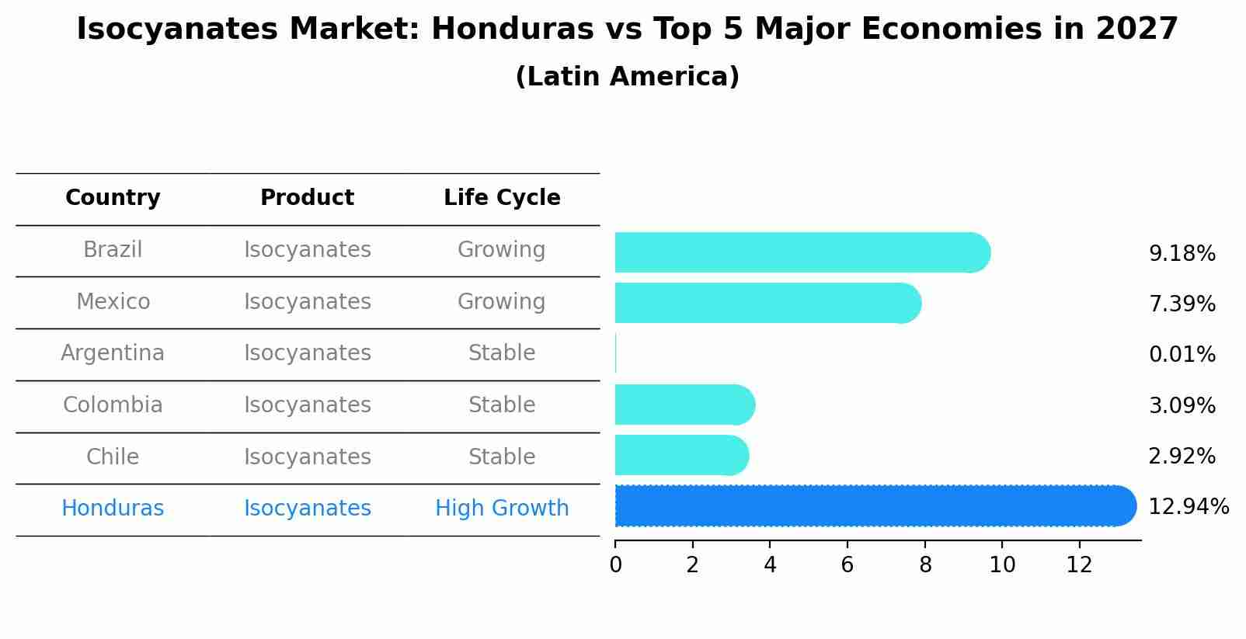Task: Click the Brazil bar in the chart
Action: pyautogui.click(x=800, y=252)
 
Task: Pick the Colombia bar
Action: pyautogui.click(x=684, y=405)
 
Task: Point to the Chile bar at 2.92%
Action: pyautogui.click(x=680, y=455)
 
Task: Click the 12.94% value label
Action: pyautogui.click(x=1188, y=507)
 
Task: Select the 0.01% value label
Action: pyautogui.click(x=1182, y=355)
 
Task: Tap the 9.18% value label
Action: pyautogui.click(x=1182, y=254)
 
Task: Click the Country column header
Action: pyautogui.click(x=113, y=198)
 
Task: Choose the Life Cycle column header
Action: pyautogui.click(x=502, y=198)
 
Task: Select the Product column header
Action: pyautogui.click(x=307, y=198)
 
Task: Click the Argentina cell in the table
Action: pyautogui.click(x=113, y=353)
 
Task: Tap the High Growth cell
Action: pyautogui.click(x=502, y=509)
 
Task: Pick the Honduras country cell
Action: pyautogui.click(x=113, y=509)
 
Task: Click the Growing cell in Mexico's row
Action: pyautogui.click(x=502, y=301)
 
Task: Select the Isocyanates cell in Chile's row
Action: pyautogui.click(x=307, y=457)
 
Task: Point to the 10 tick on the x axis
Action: pyautogui.click(x=1002, y=565)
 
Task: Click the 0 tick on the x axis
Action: pyautogui.click(x=615, y=565)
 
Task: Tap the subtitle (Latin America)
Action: pyautogui.click(x=627, y=77)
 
